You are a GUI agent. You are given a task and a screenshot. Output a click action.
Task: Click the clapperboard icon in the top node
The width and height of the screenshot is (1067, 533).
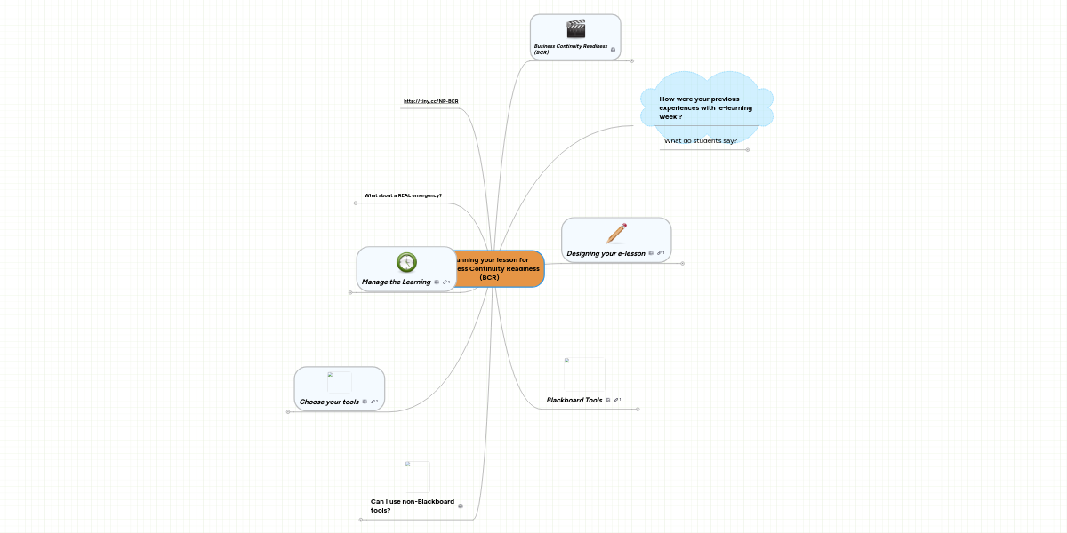pos(576,29)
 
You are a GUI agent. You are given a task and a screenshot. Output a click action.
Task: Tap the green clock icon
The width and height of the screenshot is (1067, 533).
pos(406,261)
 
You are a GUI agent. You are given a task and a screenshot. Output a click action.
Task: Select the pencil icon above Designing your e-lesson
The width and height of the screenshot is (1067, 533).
pos(616,234)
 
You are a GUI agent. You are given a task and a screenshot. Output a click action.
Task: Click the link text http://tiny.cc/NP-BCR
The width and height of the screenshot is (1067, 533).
pos(430,101)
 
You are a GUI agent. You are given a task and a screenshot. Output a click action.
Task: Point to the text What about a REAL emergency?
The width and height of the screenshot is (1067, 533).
pos(403,195)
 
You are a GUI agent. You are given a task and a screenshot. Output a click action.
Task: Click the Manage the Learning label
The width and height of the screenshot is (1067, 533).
pos(396,282)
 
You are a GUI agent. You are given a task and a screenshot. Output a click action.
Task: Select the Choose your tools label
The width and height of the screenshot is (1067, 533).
pos(329,402)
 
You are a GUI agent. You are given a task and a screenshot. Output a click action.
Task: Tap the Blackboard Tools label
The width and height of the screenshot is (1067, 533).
pos(574,400)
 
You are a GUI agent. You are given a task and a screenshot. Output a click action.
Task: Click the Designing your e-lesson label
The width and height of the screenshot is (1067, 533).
pos(606,253)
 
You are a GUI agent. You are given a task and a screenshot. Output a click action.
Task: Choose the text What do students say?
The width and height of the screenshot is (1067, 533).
pos(700,140)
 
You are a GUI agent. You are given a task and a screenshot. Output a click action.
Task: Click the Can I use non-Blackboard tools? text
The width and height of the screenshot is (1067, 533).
pos(412,505)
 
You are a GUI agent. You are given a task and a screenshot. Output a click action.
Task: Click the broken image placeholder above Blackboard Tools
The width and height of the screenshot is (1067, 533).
pos(584,374)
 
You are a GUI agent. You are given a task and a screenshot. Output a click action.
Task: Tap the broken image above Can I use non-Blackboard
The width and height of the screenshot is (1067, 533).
pos(417,476)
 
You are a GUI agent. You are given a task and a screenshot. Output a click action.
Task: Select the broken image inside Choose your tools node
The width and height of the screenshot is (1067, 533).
pos(339,382)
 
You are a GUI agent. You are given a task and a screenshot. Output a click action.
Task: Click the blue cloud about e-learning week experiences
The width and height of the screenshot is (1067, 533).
pos(705,107)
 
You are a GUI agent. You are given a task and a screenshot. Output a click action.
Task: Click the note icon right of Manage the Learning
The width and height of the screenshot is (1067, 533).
pos(436,282)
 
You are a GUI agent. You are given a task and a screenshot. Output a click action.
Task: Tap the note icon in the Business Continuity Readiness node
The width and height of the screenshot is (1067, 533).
pos(613,50)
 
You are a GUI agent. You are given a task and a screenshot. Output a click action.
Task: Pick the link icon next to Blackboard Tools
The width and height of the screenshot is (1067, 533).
pos(616,400)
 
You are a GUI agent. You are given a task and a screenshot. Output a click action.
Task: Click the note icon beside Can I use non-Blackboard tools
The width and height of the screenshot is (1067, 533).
pos(460,505)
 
